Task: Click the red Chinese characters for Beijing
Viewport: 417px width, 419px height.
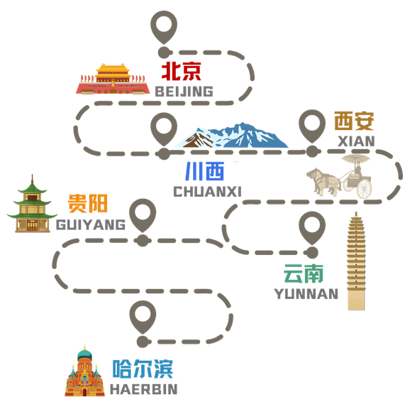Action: pyautogui.click(x=181, y=71)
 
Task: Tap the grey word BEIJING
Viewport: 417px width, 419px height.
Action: pyautogui.click(x=184, y=92)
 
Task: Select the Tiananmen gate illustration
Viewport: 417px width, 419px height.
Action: pyautogui.click(x=112, y=79)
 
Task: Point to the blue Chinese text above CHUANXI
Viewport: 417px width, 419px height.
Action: pyautogui.click(x=205, y=171)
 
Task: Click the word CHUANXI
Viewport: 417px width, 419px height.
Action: pyautogui.click(x=208, y=192)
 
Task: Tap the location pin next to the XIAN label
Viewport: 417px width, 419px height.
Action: pyautogui.click(x=312, y=126)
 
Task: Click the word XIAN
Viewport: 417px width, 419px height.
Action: pyautogui.click(x=357, y=141)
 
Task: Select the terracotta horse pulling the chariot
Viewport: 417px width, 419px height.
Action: pyautogui.click(x=323, y=181)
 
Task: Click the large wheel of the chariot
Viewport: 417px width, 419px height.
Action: pyautogui.click(x=365, y=189)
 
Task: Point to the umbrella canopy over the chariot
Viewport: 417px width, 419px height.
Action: pyautogui.click(x=356, y=159)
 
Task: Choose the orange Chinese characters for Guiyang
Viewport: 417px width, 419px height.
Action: pyautogui.click(x=87, y=204)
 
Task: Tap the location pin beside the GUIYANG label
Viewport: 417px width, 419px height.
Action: pyautogui.click(x=143, y=216)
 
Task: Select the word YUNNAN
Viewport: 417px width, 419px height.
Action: pyautogui.click(x=306, y=294)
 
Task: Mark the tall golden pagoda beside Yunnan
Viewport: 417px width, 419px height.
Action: pyautogui.click(x=356, y=261)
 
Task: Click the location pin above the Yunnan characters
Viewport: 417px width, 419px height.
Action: pyautogui.click(x=312, y=228)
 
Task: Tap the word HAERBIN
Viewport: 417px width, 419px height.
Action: pyautogui.click(x=144, y=389)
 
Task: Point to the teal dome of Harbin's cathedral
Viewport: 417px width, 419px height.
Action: pyautogui.click(x=85, y=355)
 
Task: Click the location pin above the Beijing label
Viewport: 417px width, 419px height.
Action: pyautogui.click(x=164, y=28)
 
